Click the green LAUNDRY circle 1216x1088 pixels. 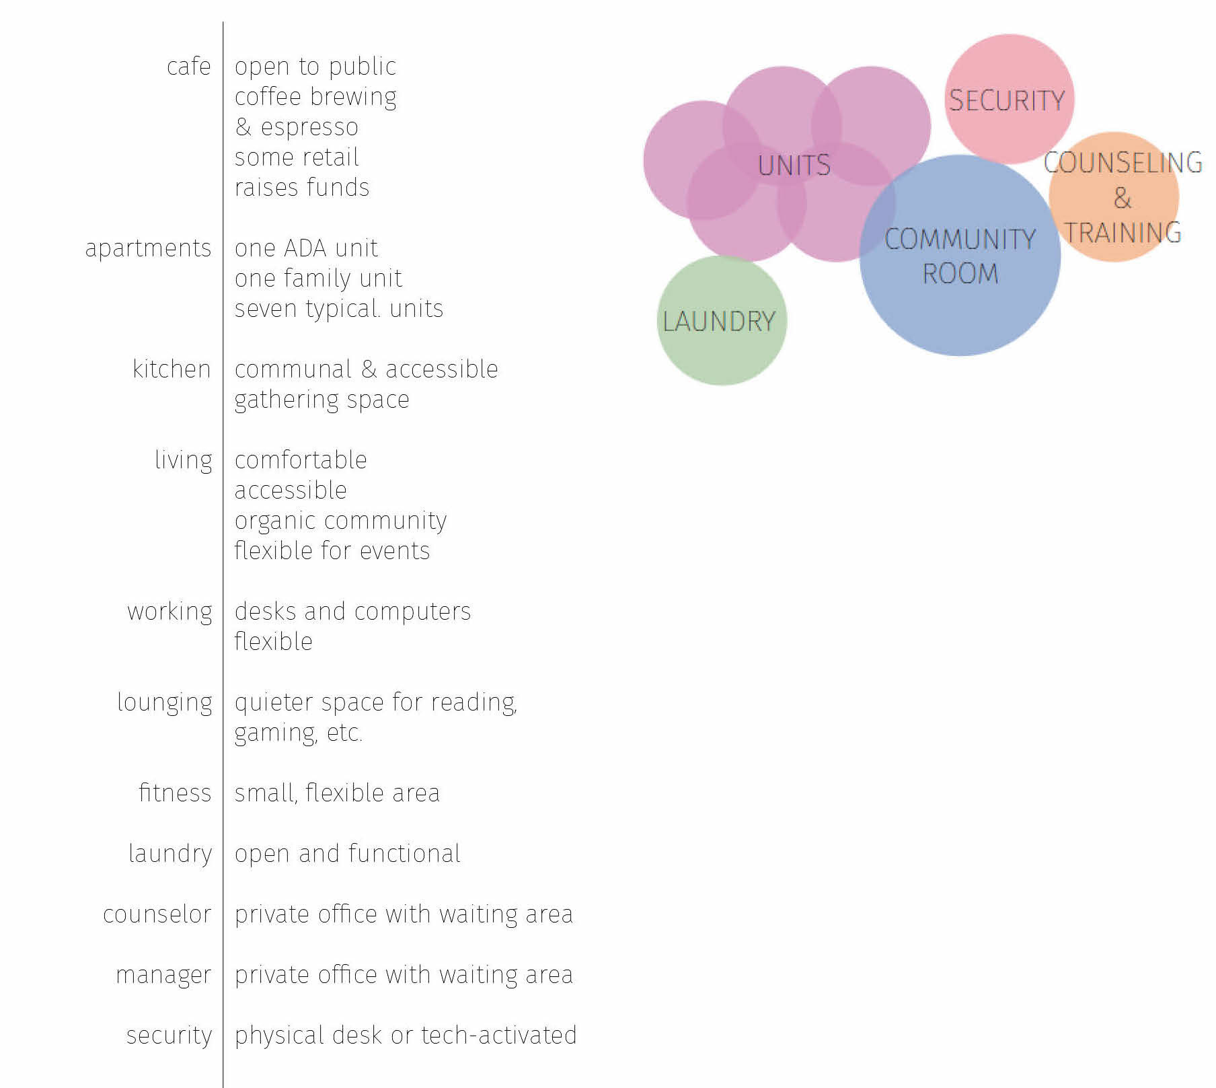pos(722,320)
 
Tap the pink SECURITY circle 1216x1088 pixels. pos(1009,99)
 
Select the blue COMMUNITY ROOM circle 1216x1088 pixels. pos(960,256)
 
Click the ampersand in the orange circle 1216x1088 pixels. pos(1123,198)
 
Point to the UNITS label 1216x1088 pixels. pos(794,166)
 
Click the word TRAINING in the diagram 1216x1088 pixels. pos(1123,233)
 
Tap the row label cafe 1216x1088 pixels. pos(189,67)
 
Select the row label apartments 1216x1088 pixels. pos(148,249)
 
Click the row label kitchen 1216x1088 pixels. pos(172,369)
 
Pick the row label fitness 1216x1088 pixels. pos(175,793)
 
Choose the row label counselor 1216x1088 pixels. pos(157,914)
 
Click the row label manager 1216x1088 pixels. pos(163,976)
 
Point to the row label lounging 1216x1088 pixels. pos(165,703)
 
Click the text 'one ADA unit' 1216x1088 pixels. pos(306,248)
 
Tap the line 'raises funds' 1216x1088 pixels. pos(302,188)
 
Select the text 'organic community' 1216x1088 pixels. pos(340,521)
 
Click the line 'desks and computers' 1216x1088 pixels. pos(352,612)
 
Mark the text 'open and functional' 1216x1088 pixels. pos(348,854)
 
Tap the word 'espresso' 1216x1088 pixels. pos(309,128)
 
